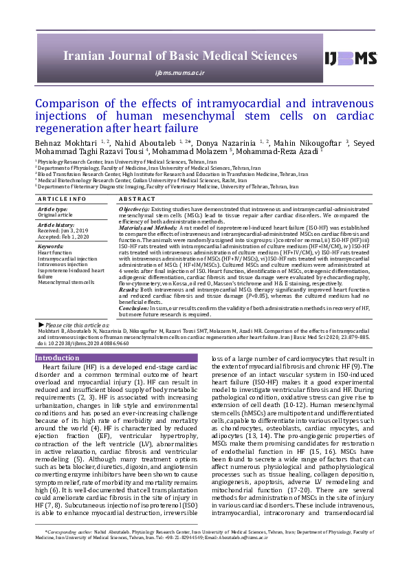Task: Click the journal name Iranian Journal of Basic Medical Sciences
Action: pyautogui.click(x=179, y=56)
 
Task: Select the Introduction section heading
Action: pyautogui.click(x=57, y=358)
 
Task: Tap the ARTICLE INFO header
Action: pyautogui.click(x=62, y=199)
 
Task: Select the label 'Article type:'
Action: pyautogui.click(x=53, y=208)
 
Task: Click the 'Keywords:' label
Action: pyautogui.click(x=50, y=246)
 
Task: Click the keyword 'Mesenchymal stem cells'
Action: pyautogui.click(x=67, y=283)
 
